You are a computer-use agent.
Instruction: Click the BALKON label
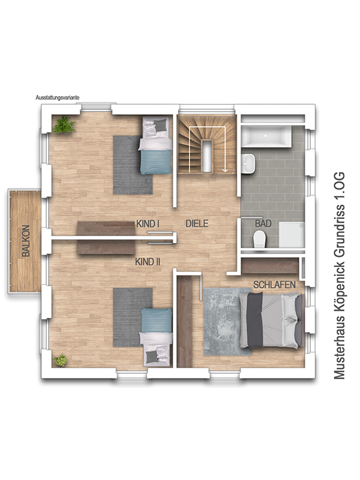(x=26, y=241)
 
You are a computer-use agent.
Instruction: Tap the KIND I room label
(x=148, y=224)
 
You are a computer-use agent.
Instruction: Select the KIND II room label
(x=148, y=262)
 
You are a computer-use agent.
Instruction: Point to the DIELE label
(x=197, y=223)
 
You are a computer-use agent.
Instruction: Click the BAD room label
(x=263, y=223)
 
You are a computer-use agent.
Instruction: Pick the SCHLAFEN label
(x=274, y=285)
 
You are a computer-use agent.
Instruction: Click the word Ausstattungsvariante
(x=58, y=98)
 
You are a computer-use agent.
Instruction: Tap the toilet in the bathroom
(x=260, y=239)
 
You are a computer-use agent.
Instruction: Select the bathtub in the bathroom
(x=266, y=136)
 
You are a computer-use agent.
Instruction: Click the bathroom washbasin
(x=248, y=164)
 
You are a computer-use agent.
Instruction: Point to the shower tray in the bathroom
(x=292, y=235)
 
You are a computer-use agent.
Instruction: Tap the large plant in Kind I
(x=64, y=125)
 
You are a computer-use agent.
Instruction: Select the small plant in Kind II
(x=61, y=361)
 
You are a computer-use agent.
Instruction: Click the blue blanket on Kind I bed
(x=155, y=162)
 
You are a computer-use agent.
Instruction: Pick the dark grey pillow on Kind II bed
(x=152, y=356)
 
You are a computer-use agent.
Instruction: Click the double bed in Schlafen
(x=272, y=320)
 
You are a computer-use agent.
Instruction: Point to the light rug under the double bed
(x=227, y=322)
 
